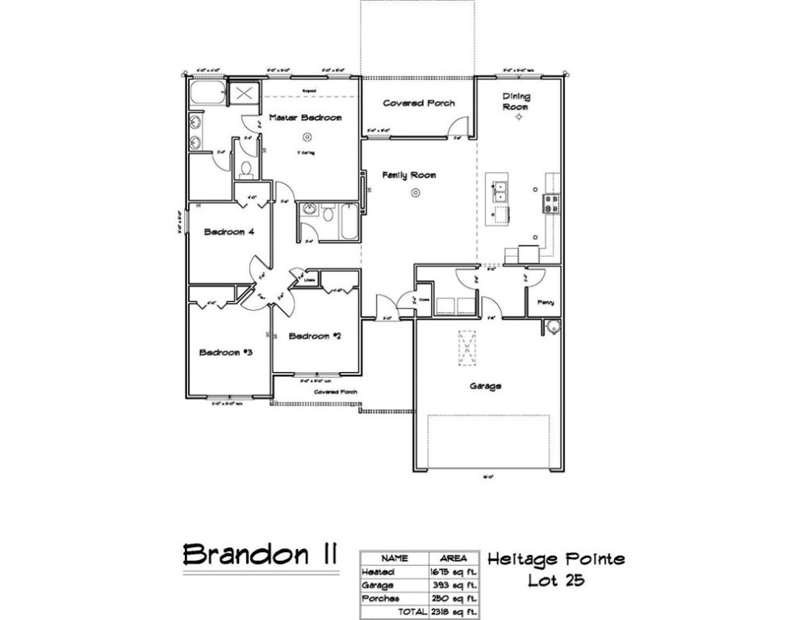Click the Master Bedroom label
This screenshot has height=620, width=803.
click(305, 118)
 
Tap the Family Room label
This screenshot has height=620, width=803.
click(409, 175)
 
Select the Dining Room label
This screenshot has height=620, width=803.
click(517, 102)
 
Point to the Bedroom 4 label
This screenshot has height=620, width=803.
click(229, 232)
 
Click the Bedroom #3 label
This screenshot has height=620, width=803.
click(227, 352)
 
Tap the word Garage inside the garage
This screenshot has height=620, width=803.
click(486, 387)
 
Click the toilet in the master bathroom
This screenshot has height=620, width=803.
click(246, 170)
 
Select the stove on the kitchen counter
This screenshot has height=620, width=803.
click(553, 203)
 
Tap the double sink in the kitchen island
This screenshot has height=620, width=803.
click(500, 191)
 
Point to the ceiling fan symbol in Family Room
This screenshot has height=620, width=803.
click(415, 192)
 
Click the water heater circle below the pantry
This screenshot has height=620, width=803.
click(552, 327)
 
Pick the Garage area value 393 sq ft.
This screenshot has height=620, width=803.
click(454, 584)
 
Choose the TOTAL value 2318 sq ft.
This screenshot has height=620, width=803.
click(454, 611)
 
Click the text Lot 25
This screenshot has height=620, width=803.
click(556, 580)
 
